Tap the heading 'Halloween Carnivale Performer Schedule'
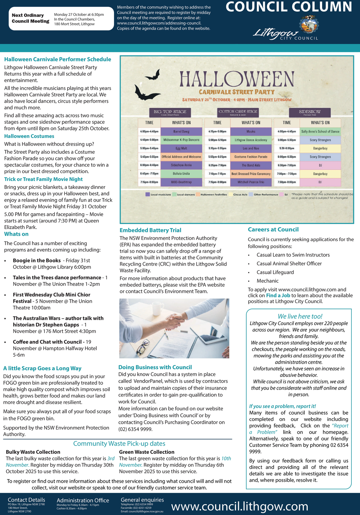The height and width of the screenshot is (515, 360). [58, 59]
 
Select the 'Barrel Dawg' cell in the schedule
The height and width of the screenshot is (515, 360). [181, 132]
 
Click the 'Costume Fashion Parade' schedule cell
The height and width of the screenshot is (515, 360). [251, 157]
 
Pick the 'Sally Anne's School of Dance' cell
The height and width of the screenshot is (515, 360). [320, 132]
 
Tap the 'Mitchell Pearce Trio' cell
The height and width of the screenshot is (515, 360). [251, 182]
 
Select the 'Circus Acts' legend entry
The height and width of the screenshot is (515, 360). [240, 194]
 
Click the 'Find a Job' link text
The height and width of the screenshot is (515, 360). [278, 296]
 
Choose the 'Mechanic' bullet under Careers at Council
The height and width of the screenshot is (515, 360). [267, 281]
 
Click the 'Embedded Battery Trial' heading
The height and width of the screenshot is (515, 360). [150, 230]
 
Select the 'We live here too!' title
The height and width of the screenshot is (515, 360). [300, 316]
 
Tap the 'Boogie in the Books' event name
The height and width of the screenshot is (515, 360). [37, 260]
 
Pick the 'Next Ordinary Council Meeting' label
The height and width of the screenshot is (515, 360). [30, 18]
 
